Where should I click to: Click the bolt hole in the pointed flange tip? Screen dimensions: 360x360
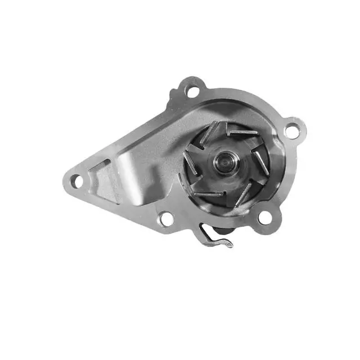point(75,181)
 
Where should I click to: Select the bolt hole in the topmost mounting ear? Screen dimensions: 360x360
point(192,90)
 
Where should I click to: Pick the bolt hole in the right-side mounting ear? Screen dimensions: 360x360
point(292,130)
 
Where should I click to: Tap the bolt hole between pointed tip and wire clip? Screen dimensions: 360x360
point(165,218)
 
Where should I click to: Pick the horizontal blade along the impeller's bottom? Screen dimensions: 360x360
point(209,195)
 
